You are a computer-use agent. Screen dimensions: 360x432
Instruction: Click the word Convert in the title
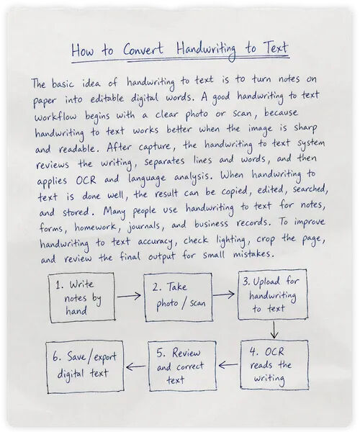coord(143,50)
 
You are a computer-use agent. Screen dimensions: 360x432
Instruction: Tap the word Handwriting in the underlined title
coord(207,50)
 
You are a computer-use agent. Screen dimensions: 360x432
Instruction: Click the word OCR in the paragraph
coord(86,179)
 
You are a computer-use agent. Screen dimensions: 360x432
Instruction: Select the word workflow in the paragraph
coord(55,116)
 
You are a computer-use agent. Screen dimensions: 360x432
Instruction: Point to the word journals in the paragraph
coord(144,227)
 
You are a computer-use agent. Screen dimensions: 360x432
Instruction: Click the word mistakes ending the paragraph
coord(253,253)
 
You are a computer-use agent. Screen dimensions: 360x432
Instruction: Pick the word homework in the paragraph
coord(95,227)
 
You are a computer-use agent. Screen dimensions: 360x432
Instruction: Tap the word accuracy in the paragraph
coord(155,242)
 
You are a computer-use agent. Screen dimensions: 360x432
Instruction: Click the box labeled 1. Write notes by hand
coord(82,297)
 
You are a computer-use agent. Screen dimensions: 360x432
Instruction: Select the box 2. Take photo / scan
coord(179,297)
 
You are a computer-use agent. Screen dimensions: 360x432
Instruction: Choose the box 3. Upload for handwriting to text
coord(273,295)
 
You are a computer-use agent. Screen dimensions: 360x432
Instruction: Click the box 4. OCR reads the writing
coord(274,365)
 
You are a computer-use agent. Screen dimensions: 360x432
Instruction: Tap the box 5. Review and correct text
coord(182,366)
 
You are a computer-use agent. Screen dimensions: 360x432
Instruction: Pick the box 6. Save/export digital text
coord(85,367)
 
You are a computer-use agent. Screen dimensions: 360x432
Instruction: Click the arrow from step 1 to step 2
coord(129,296)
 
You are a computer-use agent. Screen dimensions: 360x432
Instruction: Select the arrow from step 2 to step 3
coord(224,294)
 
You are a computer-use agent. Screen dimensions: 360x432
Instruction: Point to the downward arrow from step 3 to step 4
coord(274,330)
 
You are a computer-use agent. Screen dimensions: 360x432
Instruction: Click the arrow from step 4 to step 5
coord(228,365)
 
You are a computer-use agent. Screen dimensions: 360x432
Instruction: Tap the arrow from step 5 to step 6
coord(136,366)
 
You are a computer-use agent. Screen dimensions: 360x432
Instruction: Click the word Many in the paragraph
coord(114,211)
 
